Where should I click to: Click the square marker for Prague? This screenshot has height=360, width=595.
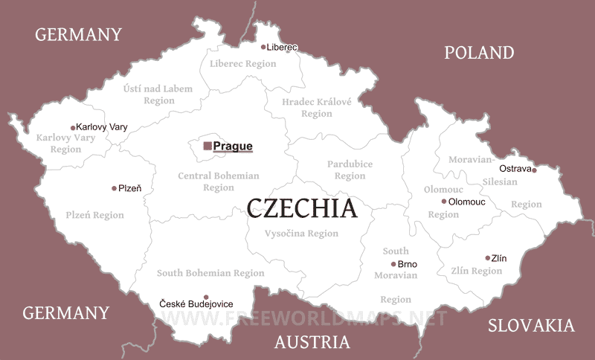click(x=208, y=146)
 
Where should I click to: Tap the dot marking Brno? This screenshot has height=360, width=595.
click(x=393, y=264)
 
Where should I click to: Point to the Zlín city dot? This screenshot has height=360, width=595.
click(x=488, y=258)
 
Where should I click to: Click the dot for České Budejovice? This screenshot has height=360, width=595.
click(x=206, y=297)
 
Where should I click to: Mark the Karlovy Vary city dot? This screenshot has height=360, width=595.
click(x=73, y=127)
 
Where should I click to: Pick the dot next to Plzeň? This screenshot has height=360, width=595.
click(x=114, y=188)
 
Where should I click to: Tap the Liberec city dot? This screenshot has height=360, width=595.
click(x=263, y=47)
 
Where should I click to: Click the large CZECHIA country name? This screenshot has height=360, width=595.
click(x=301, y=208)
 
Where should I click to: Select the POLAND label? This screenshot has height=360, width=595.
click(x=479, y=52)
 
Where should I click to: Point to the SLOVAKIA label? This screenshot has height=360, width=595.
click(x=531, y=325)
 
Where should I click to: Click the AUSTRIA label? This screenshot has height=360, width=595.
click(x=312, y=342)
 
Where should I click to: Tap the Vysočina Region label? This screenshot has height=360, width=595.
click(x=301, y=234)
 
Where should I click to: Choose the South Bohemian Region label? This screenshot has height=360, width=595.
click(x=210, y=273)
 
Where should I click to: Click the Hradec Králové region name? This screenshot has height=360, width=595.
click(x=317, y=107)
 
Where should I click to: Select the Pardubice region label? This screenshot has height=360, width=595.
click(x=350, y=170)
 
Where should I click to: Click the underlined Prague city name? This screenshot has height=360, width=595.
click(x=233, y=147)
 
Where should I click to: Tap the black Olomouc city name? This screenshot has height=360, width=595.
click(x=467, y=202)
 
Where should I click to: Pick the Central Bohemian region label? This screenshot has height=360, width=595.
click(x=219, y=181)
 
